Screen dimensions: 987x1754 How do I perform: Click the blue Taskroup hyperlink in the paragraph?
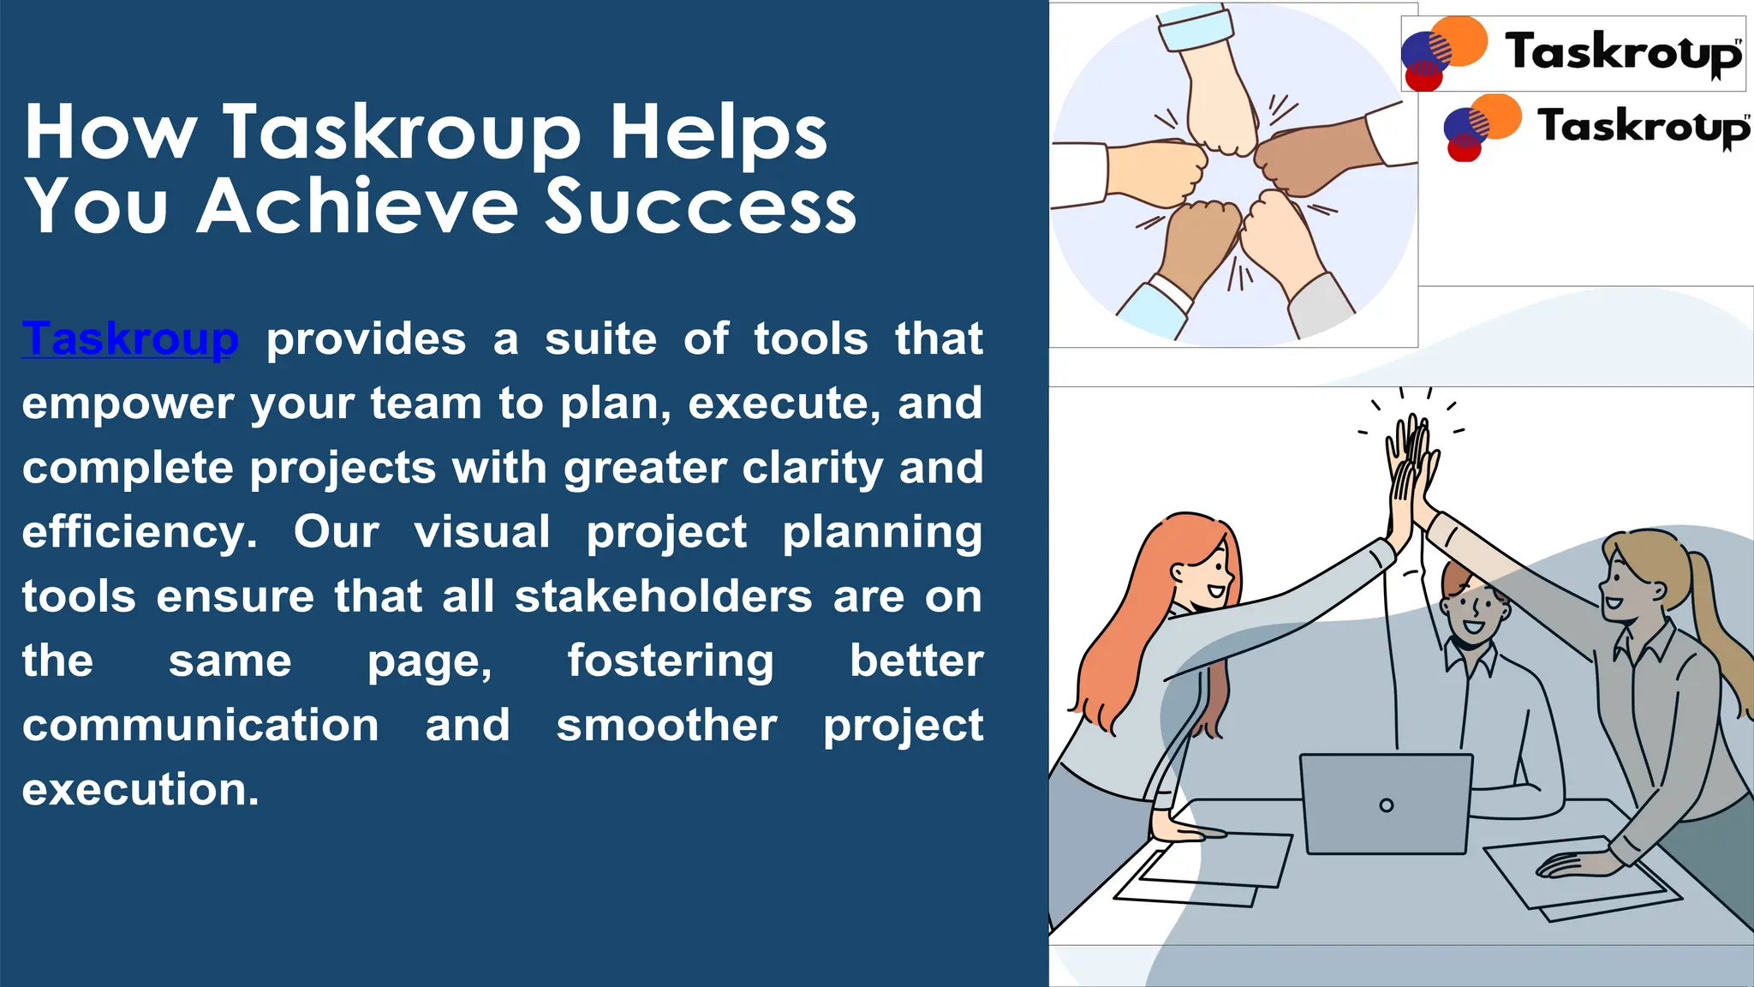[130, 338]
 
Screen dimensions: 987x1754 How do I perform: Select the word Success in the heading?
[701, 206]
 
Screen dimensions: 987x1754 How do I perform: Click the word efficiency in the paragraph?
[137, 532]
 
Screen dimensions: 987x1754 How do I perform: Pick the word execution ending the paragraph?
[139, 789]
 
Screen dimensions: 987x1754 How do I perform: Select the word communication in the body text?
[200, 725]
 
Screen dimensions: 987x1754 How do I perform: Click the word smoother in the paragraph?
[666, 725]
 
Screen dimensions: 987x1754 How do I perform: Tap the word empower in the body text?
[127, 404]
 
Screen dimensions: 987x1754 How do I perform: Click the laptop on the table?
[1385, 803]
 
